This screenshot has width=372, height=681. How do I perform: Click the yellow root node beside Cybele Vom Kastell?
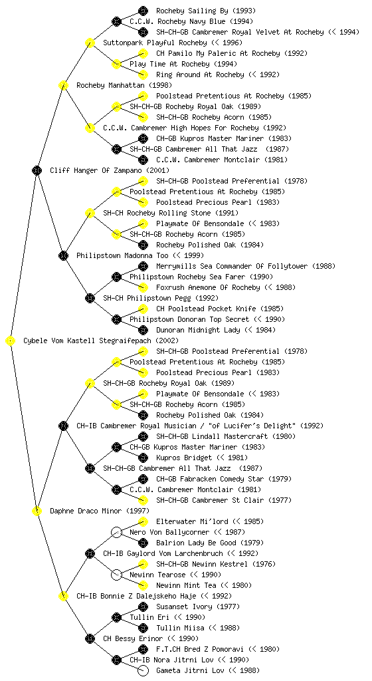tap(11, 340)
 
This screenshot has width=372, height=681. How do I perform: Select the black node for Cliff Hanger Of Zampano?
tap(37, 170)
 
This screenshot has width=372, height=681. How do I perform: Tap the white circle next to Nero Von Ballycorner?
tap(116, 532)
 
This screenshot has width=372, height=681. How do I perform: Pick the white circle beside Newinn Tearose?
tap(116, 575)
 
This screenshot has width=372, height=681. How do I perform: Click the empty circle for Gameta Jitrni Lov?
tap(143, 670)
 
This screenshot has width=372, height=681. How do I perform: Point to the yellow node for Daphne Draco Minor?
tap(37, 511)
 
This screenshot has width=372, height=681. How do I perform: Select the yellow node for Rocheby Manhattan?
tap(63, 85)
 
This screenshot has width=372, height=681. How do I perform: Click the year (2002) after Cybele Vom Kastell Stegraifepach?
tap(167, 340)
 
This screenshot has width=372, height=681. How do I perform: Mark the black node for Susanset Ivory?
tap(143, 607)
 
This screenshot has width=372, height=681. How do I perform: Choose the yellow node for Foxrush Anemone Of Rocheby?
tap(143, 287)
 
